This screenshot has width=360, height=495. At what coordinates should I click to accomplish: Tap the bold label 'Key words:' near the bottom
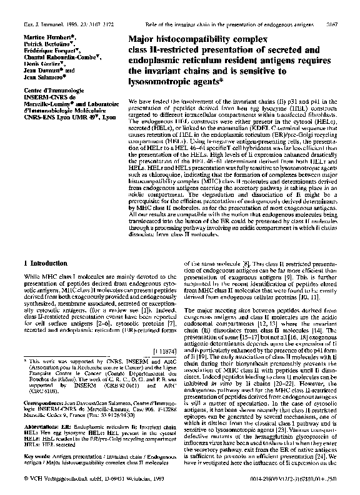coord(24,446)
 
